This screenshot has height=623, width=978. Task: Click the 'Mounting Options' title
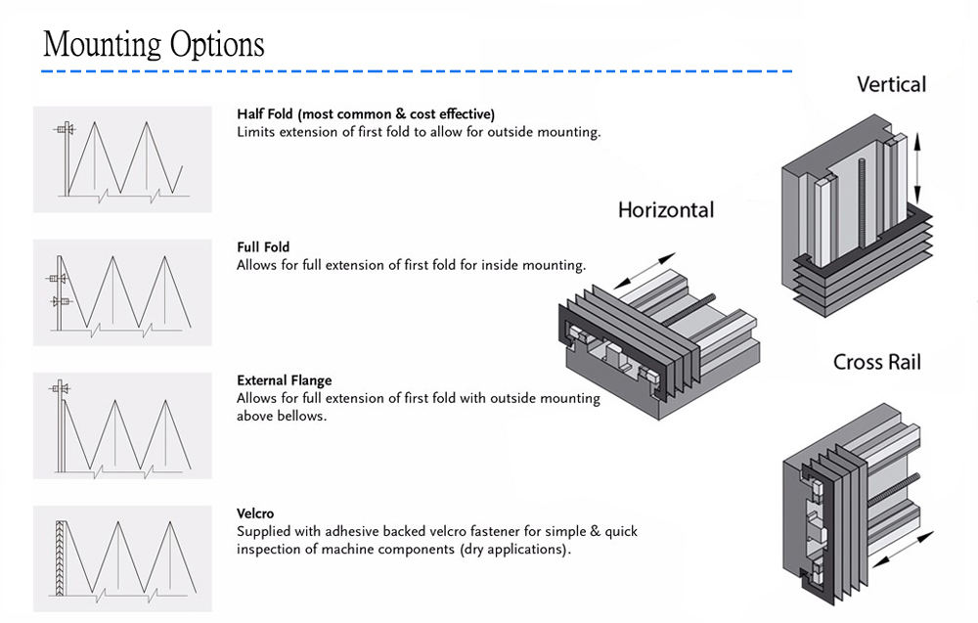pyautogui.click(x=154, y=44)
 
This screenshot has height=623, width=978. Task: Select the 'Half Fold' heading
pyautogui.click(x=264, y=114)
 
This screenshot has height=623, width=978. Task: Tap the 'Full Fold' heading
pyautogui.click(x=263, y=247)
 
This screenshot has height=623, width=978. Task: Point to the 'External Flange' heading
pyautogui.click(x=284, y=380)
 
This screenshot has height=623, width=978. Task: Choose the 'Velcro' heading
pyautogui.click(x=255, y=513)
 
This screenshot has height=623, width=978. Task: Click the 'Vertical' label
pyautogui.click(x=891, y=84)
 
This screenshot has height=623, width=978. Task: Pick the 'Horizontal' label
pyautogui.click(x=665, y=209)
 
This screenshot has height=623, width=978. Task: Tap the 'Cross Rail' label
pyautogui.click(x=877, y=362)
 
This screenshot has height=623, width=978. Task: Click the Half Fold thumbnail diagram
pyautogui.click(x=122, y=159)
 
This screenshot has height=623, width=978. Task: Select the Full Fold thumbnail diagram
pyautogui.click(x=122, y=292)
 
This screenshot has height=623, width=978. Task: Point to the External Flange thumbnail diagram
pyautogui.click(x=122, y=426)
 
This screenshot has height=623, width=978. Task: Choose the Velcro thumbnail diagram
pyautogui.click(x=122, y=558)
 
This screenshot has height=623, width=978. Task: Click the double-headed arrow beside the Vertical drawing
pyautogui.click(x=917, y=167)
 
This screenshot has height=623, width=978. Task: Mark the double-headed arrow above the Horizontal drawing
pyautogui.click(x=645, y=271)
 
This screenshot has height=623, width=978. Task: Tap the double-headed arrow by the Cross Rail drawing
pyautogui.click(x=903, y=550)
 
